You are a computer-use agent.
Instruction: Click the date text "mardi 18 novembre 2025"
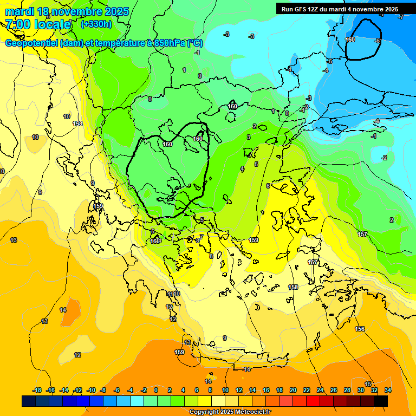click(67, 11)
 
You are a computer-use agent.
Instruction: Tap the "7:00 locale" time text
click(38, 24)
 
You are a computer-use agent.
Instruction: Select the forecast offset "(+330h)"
click(96, 24)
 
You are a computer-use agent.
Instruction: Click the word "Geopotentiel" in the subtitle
click(32, 43)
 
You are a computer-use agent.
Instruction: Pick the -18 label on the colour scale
click(37, 390)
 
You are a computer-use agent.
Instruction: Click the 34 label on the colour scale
click(387, 390)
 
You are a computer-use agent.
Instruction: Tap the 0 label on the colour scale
click(156, 390)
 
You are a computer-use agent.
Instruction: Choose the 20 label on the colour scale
click(293, 390)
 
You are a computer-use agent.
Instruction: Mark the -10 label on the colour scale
click(91, 390)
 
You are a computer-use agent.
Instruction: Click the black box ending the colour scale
click(380, 401)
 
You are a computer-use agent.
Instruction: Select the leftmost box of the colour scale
click(29, 401)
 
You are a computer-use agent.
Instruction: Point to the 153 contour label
click(77, 123)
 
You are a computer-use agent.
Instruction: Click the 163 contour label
click(156, 240)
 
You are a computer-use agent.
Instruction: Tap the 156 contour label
click(360, 329)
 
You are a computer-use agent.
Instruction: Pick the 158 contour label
click(293, 287)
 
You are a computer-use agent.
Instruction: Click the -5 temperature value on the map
click(329, 61)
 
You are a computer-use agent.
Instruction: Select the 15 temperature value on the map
click(368, 384)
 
